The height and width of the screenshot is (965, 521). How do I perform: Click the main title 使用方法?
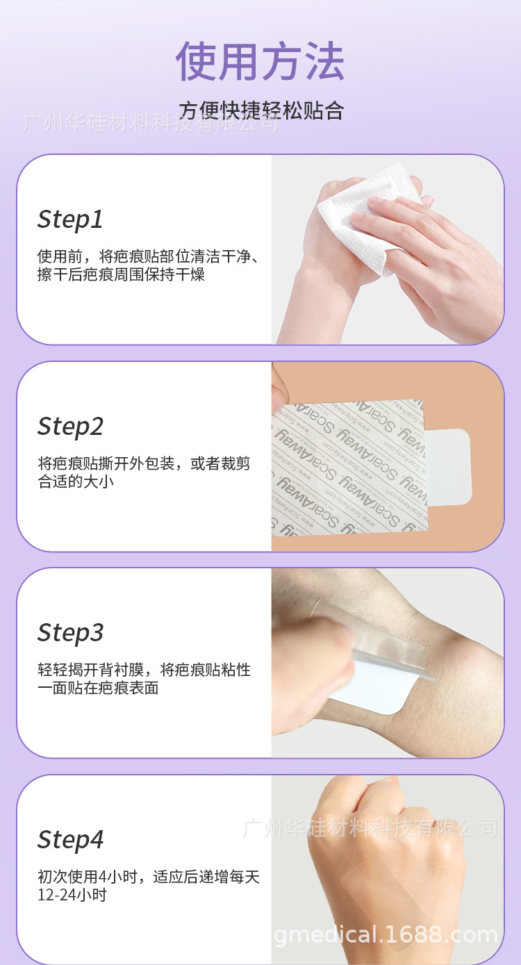(x=260, y=61)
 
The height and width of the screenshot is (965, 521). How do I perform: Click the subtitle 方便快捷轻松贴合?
(x=261, y=111)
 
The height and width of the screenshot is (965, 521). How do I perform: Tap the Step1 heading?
(x=70, y=220)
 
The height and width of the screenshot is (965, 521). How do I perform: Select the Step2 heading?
(x=70, y=426)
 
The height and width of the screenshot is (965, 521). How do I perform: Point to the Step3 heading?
(x=70, y=632)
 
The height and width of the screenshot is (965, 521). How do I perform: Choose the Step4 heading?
(x=70, y=839)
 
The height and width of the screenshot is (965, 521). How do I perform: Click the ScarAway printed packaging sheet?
(x=347, y=465)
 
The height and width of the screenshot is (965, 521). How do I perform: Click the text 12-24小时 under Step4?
(x=72, y=895)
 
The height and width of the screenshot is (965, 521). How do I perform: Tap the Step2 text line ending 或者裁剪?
(x=144, y=464)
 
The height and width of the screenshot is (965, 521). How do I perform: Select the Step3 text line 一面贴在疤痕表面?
(x=98, y=688)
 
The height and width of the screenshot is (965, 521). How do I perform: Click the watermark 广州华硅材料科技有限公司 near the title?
(x=149, y=124)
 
